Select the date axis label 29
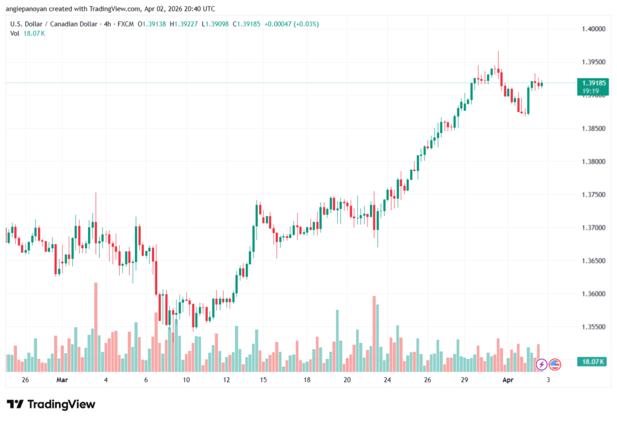(x=465, y=381)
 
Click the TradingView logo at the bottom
(x=51, y=404)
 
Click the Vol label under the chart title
(x=14, y=33)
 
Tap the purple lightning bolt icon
(x=541, y=364)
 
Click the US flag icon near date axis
(x=555, y=364)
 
